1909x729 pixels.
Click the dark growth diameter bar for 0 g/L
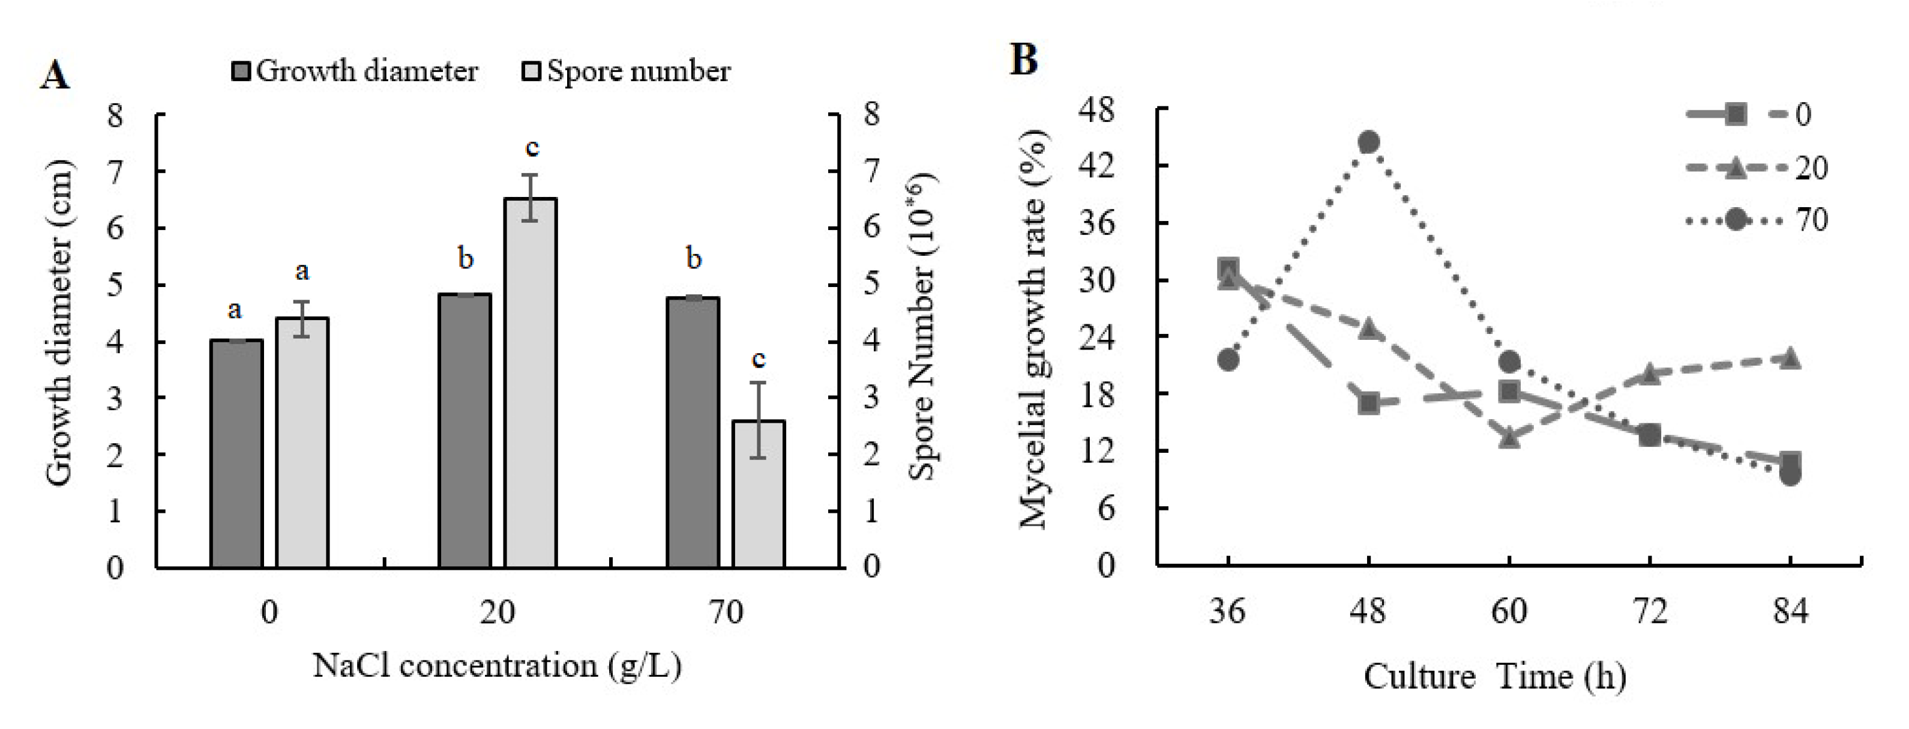236,453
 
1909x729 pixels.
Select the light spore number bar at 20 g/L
530,383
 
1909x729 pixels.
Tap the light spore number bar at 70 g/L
758,494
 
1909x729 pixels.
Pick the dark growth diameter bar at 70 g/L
692,432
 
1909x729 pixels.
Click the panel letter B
1023,59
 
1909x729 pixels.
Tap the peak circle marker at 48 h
1368,142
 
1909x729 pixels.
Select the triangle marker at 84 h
1790,357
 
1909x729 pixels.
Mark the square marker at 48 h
1368,404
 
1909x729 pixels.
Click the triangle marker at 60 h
1509,438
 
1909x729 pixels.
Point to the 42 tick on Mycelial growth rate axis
1097,166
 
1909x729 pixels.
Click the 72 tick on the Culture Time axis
1650,612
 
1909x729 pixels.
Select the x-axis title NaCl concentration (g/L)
496,665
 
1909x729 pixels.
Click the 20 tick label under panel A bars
496,613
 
